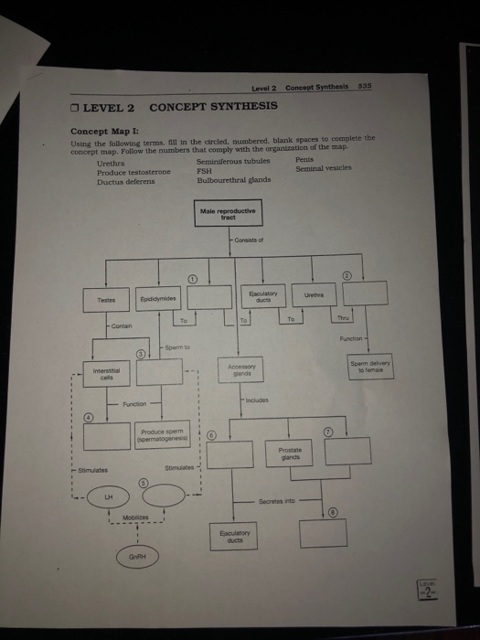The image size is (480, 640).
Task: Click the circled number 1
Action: (193, 276)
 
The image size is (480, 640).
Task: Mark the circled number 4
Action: (90, 418)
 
